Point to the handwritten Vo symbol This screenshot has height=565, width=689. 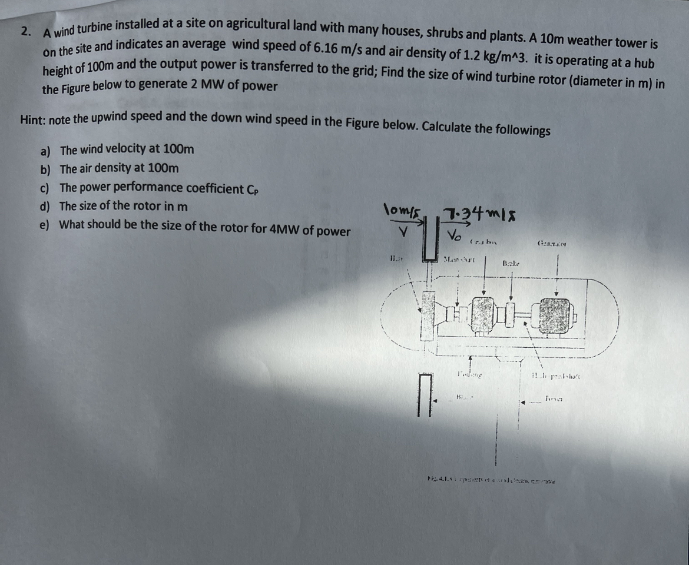(x=454, y=236)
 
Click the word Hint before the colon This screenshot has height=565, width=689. (x=32, y=119)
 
